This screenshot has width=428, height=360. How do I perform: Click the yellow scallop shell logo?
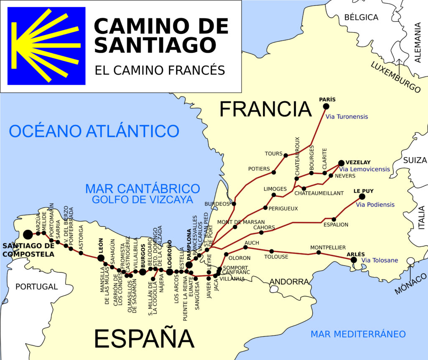click(46, 46)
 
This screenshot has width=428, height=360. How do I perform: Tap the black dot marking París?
click(326, 106)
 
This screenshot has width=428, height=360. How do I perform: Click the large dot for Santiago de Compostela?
click(28, 235)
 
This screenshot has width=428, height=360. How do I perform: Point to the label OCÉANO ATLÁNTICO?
click(94, 131)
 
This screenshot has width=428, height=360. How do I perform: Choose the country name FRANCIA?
click(265, 109)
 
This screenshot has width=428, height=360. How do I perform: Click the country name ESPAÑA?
click(144, 338)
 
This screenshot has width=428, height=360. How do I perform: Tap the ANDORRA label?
click(289, 281)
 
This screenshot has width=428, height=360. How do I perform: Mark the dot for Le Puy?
click(362, 197)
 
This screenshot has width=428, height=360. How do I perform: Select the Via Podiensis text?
click(375, 205)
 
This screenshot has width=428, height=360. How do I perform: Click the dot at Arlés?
click(354, 260)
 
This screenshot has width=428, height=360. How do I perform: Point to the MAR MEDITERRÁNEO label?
click(358, 334)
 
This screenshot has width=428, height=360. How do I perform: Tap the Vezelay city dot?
click(341, 163)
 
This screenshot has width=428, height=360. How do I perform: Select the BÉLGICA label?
click(361, 17)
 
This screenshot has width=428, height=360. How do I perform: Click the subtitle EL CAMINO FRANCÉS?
click(160, 70)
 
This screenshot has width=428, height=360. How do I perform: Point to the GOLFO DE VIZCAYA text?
click(143, 199)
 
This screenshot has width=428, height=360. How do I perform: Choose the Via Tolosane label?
click(380, 260)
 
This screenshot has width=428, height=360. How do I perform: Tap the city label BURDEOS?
click(217, 204)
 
